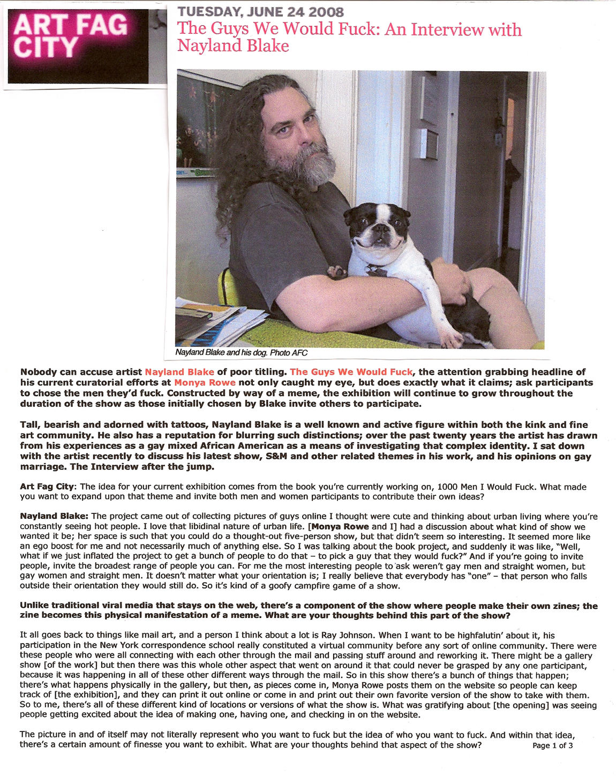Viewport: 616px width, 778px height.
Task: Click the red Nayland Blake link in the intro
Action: click(x=179, y=372)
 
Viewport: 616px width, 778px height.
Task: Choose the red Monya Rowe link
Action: click(x=205, y=382)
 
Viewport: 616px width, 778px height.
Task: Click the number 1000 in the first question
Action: click(x=448, y=487)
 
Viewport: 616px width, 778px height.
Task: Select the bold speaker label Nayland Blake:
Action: click(x=54, y=516)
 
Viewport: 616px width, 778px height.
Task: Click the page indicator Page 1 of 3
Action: click(x=553, y=745)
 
